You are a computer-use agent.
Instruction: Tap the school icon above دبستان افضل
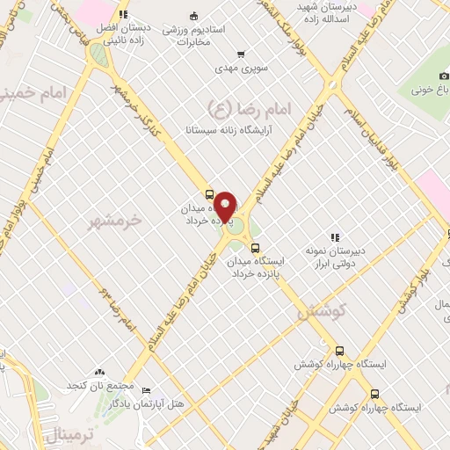(x=123, y=14)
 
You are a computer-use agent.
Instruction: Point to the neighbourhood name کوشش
(x=324, y=311)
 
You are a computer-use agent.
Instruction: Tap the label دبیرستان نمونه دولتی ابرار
(x=335, y=256)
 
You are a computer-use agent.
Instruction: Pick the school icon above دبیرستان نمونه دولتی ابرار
(x=334, y=237)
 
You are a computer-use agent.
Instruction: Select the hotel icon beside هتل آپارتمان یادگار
(x=146, y=390)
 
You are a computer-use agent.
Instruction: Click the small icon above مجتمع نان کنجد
(x=98, y=373)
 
